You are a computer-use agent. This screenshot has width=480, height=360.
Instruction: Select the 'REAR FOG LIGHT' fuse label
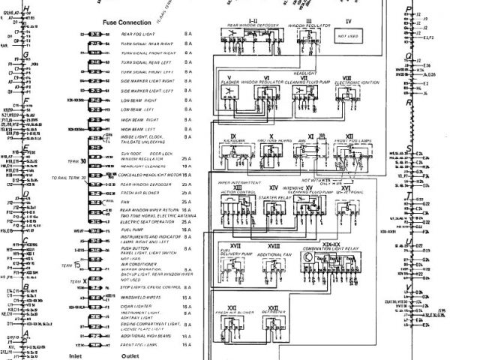click(139, 34)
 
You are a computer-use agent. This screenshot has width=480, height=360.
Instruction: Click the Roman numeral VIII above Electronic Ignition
click(346, 77)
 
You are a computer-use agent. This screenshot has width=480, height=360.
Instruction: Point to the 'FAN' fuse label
click(125, 202)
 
